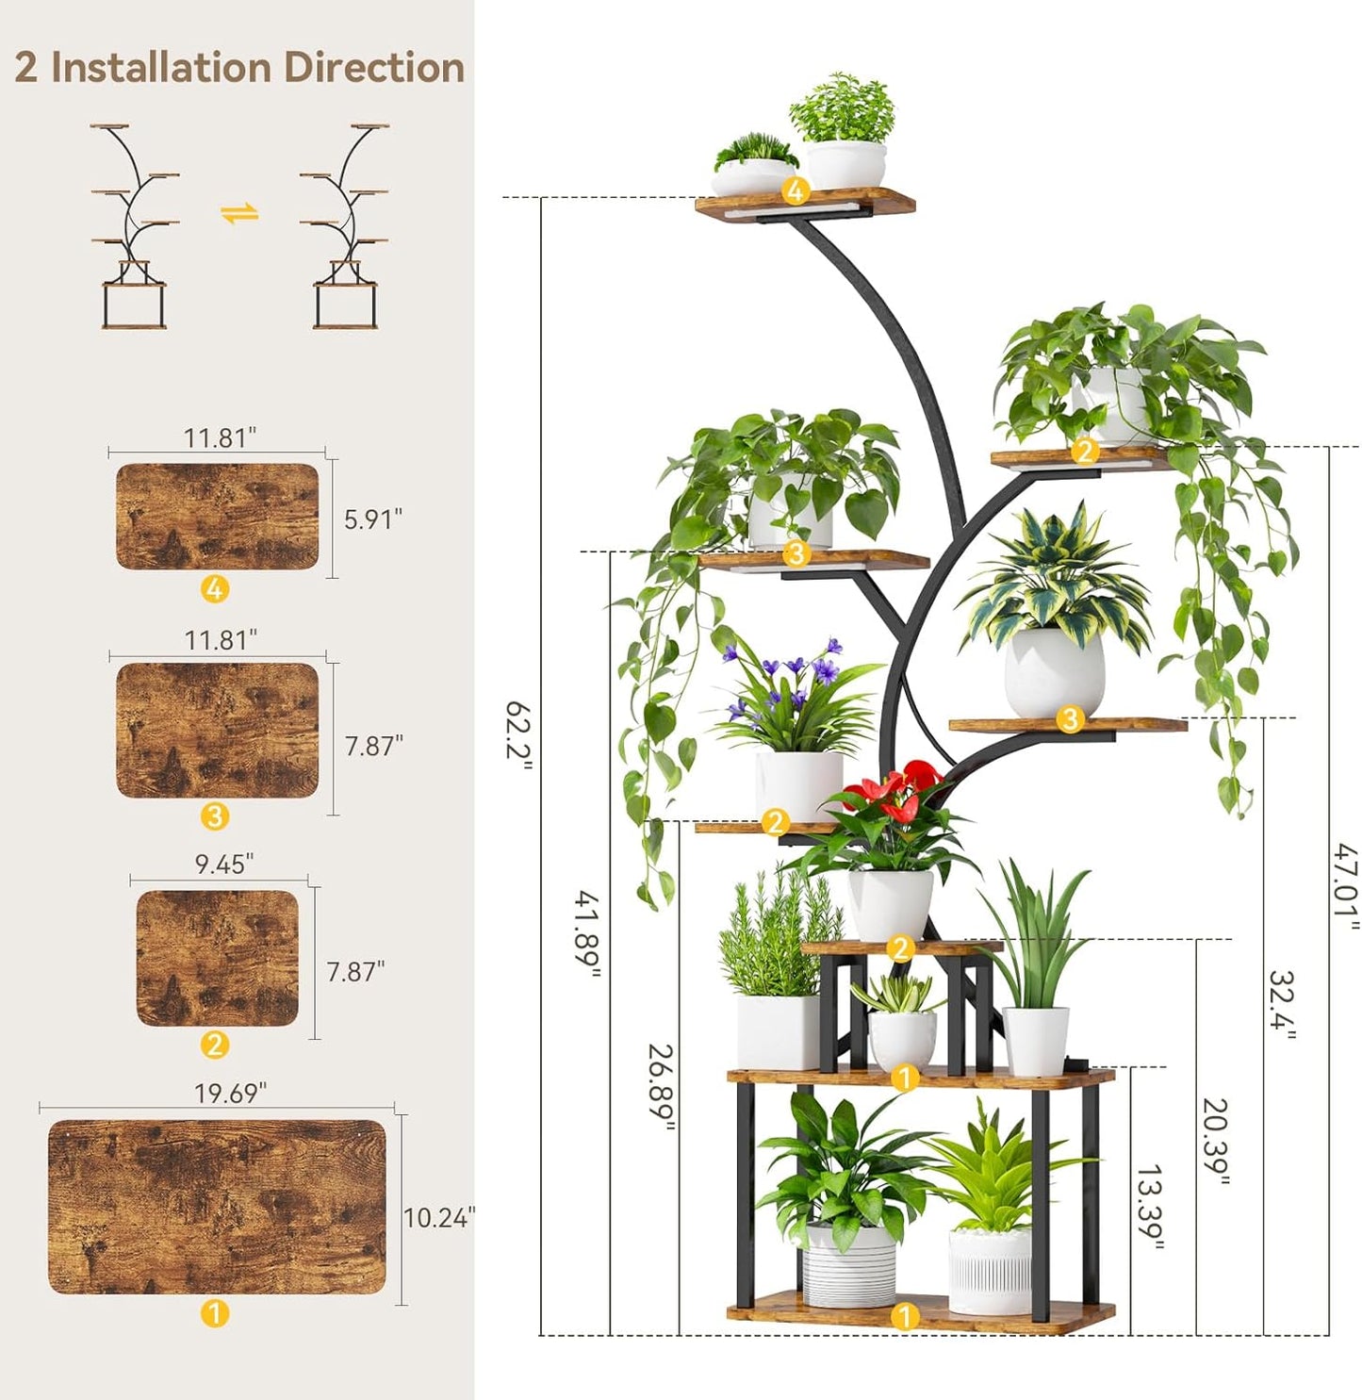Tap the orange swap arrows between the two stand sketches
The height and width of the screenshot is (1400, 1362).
239,214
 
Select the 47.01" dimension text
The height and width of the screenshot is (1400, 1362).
1346,885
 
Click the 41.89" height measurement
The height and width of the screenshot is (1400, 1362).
588,933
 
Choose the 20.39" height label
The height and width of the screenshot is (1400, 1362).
1215,1141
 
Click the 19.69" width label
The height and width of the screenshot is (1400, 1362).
230,1094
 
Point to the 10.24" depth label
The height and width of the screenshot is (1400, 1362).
439,1218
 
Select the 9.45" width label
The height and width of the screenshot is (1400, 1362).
224,865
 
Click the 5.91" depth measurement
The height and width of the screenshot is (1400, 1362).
372,519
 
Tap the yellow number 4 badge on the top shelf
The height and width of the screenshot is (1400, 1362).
796,191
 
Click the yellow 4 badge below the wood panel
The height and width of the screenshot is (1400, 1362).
215,589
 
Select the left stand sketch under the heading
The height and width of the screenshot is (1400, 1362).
134,226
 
